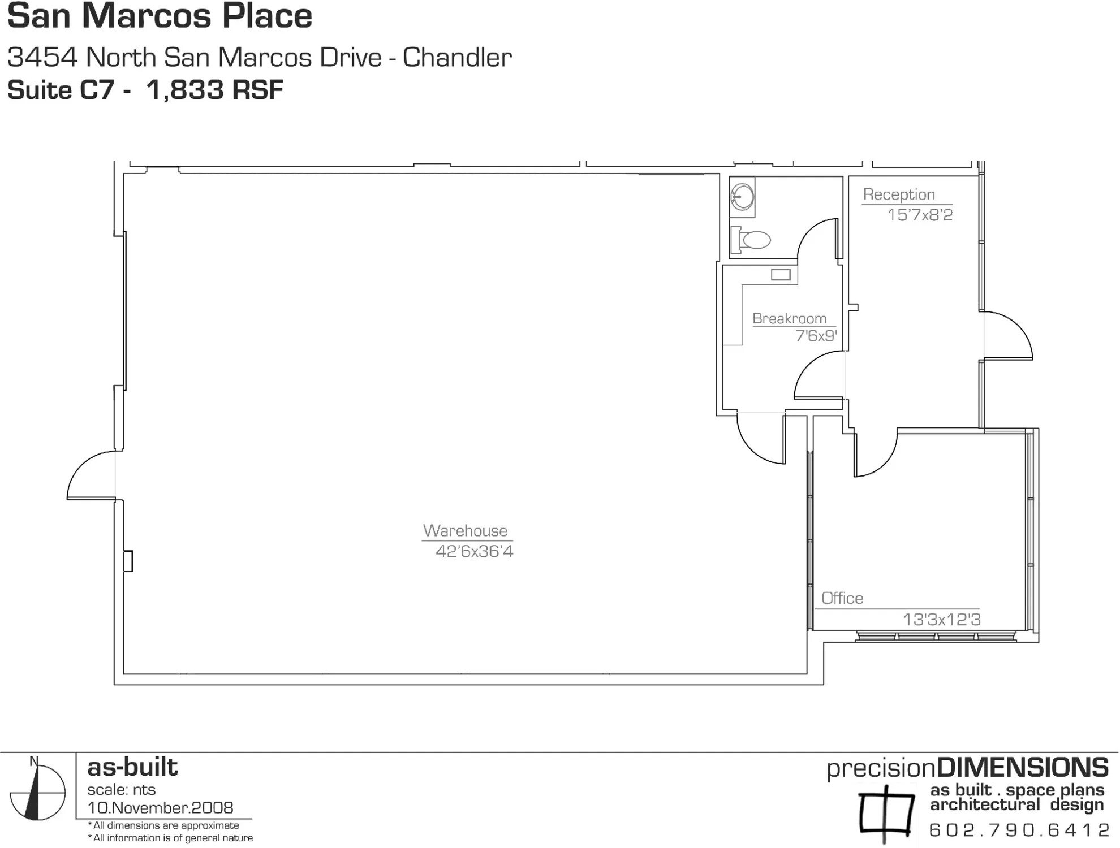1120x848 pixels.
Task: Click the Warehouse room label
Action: [465, 530]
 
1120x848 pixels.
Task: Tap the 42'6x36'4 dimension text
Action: [474, 551]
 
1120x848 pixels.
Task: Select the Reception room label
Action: [899, 194]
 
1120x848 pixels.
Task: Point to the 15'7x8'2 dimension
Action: [920, 215]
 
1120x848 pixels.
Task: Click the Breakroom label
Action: [789, 318]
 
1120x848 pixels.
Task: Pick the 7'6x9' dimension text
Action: [816, 336]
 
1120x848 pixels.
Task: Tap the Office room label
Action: [842, 598]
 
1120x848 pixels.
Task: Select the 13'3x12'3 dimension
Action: [941, 620]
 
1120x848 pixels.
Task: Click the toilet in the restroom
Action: [752, 240]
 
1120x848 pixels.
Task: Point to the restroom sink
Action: [742, 197]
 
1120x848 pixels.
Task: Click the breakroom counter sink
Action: [781, 275]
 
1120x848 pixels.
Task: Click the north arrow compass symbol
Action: [37, 791]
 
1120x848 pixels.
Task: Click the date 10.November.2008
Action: [160, 807]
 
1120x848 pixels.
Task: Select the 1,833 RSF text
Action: [214, 90]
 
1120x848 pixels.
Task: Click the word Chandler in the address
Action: [457, 58]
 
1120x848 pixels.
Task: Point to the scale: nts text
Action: [121, 789]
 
